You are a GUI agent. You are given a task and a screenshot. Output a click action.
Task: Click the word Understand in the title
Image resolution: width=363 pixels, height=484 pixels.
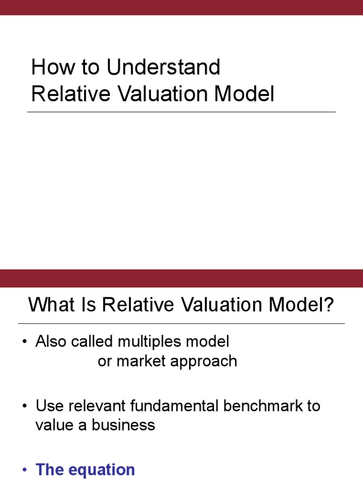click(x=163, y=68)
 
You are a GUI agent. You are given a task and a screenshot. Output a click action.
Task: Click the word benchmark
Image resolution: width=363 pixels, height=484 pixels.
click(x=271, y=406)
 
